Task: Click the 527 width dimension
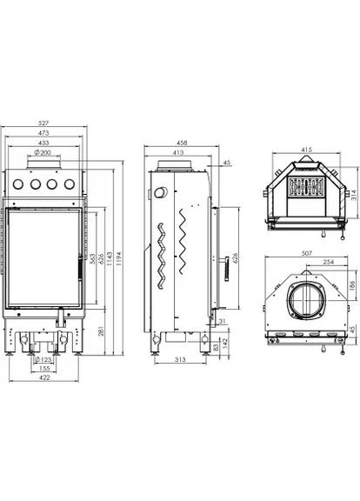click(x=43, y=123)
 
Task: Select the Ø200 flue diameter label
click(x=42, y=152)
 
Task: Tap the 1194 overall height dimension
click(x=119, y=259)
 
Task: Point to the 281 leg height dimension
click(x=100, y=331)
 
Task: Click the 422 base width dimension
click(x=44, y=377)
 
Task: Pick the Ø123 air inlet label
click(x=43, y=359)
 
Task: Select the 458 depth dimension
click(x=182, y=143)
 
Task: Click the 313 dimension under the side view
click(x=180, y=359)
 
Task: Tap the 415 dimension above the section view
click(x=307, y=150)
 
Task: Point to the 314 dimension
click(x=354, y=194)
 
